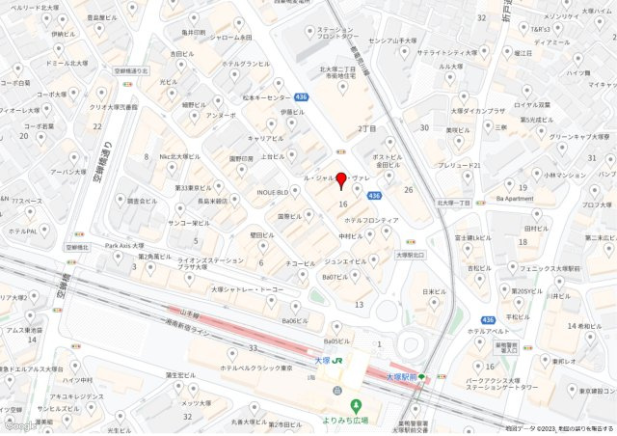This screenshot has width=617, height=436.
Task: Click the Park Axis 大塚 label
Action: click(124, 245)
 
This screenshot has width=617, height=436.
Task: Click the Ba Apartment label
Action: click(514, 198)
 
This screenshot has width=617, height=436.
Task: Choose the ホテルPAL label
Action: click(23, 232)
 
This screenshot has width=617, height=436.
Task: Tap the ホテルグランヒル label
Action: click(246, 64)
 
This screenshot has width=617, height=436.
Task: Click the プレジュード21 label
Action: click(459, 165)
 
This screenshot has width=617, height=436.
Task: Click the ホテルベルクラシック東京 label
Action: click(255, 367)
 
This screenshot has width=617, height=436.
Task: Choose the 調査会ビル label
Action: click(142, 202)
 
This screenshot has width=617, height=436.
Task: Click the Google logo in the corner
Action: click(19, 425)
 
